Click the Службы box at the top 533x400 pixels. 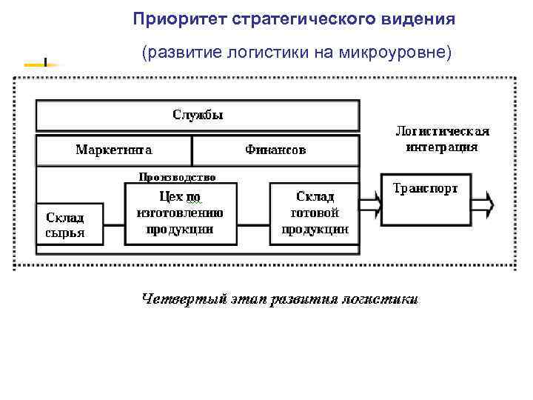point(198,116)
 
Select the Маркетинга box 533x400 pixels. point(114,150)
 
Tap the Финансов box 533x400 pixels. point(275,150)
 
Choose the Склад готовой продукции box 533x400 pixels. point(315,214)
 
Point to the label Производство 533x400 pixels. point(178,177)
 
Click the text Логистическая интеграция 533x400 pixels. point(442,139)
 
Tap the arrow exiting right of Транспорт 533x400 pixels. point(481,200)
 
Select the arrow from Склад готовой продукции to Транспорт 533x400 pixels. point(370,200)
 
